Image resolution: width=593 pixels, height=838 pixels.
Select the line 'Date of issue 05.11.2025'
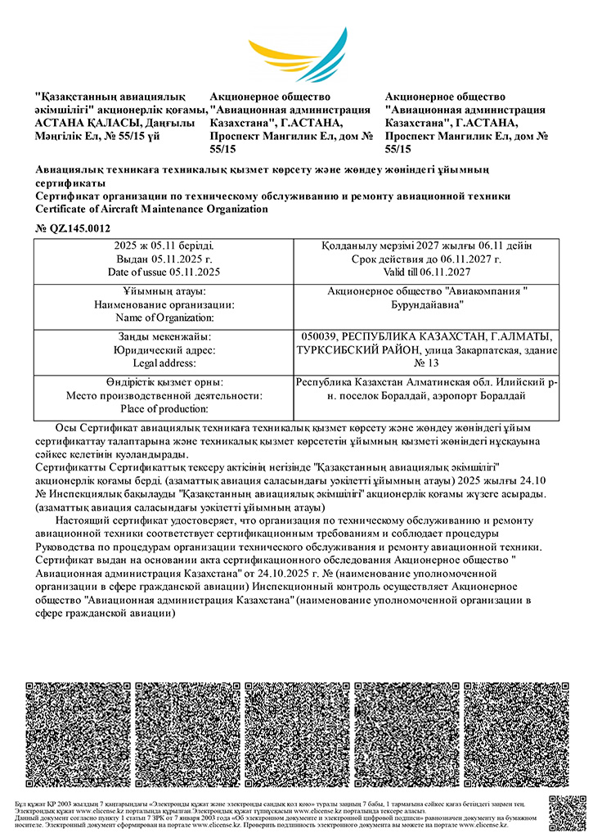tap(164, 271)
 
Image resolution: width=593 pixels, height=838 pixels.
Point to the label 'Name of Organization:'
tap(164, 317)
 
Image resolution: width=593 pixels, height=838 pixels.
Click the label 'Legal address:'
tap(164, 363)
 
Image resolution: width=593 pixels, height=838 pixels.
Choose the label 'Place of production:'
tap(164, 408)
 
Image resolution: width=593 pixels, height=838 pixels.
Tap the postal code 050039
tap(319, 337)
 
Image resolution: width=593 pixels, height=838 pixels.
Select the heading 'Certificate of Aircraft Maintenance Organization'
tap(152, 209)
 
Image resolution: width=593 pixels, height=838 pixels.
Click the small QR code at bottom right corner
tap(568, 813)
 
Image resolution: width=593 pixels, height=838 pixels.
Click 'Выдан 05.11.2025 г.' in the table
tap(164, 259)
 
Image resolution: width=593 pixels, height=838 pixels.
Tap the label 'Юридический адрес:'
tap(164, 350)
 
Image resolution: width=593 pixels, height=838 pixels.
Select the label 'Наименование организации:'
tap(164, 304)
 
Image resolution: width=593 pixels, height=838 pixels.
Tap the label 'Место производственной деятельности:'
tap(164, 396)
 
